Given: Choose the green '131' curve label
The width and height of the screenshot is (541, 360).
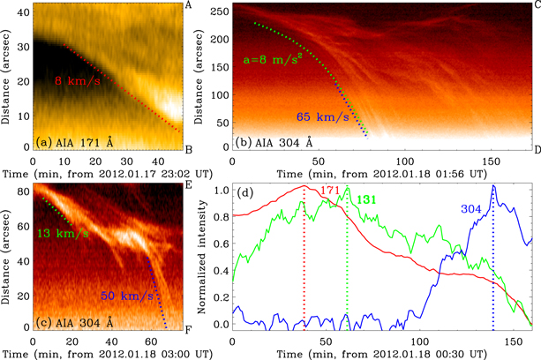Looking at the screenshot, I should tap(368, 200).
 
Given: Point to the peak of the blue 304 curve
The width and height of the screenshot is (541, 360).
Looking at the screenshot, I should tap(493, 186).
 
